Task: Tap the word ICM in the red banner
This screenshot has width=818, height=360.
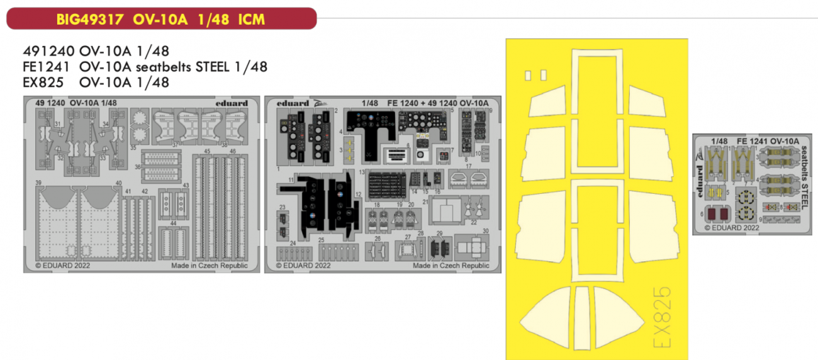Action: pos(251,20)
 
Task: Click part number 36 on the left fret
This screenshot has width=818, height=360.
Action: pos(138,167)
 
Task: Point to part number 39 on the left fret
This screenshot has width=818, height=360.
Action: pos(39,183)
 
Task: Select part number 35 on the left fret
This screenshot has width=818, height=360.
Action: pos(133,148)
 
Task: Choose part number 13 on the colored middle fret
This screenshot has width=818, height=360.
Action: pos(362,171)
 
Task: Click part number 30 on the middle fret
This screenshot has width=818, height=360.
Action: pos(486,231)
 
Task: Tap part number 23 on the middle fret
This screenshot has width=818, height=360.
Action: pos(283,207)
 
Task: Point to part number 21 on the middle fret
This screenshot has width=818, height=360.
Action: pos(425,202)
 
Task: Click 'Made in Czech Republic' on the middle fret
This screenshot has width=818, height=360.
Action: pos(451,266)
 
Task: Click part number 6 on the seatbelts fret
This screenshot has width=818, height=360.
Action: pos(701,213)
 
